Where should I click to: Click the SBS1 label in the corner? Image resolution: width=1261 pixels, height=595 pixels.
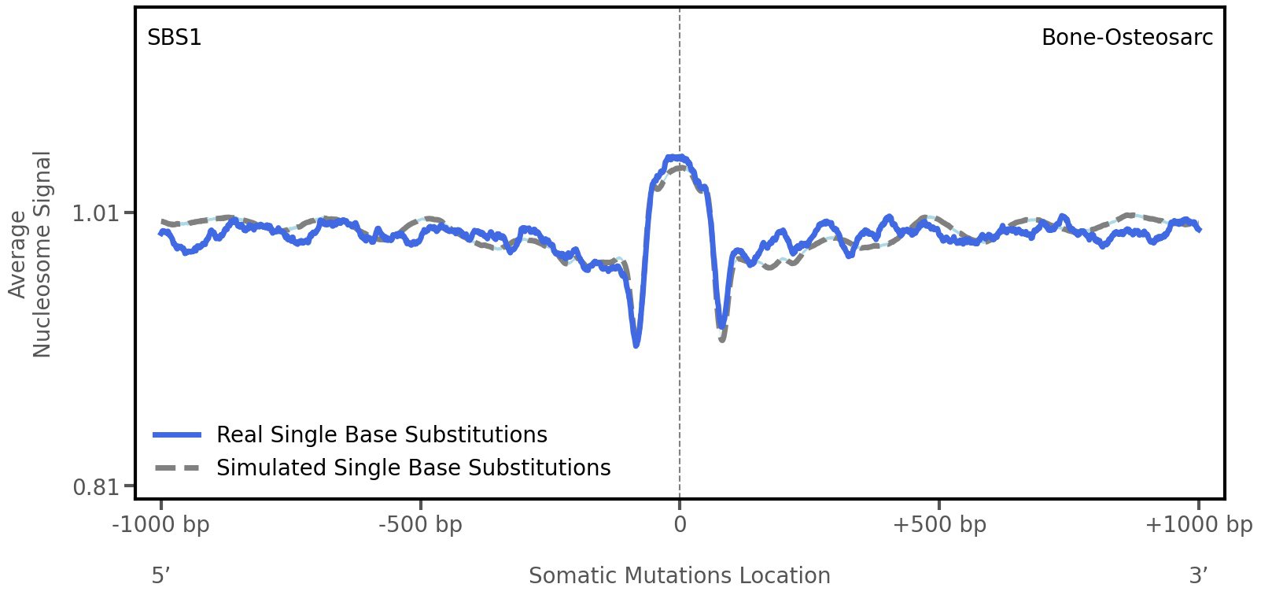(175, 38)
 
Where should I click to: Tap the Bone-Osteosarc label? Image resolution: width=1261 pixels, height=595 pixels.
(1126, 38)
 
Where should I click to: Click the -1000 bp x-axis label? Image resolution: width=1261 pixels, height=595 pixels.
(161, 525)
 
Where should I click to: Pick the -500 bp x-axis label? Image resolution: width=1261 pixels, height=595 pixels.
(420, 525)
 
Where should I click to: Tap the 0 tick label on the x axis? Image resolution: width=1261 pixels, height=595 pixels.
(680, 525)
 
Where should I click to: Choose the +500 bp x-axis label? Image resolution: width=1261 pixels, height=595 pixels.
(939, 525)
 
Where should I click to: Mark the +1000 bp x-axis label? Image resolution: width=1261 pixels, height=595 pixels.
(1198, 525)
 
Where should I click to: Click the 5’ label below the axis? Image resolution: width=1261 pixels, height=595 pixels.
(160, 576)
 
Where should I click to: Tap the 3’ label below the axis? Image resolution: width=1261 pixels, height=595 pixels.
(1198, 576)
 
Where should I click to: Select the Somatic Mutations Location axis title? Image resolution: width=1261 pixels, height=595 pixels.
(680, 576)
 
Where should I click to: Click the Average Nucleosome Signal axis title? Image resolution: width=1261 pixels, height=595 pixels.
(31, 253)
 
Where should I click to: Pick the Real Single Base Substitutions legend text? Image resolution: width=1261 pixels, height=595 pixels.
(382, 435)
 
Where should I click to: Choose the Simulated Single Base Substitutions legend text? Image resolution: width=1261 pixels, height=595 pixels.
(413, 468)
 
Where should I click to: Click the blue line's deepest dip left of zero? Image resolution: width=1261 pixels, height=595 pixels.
(636, 345)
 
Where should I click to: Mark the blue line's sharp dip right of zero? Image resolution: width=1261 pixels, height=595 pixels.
(721, 325)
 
